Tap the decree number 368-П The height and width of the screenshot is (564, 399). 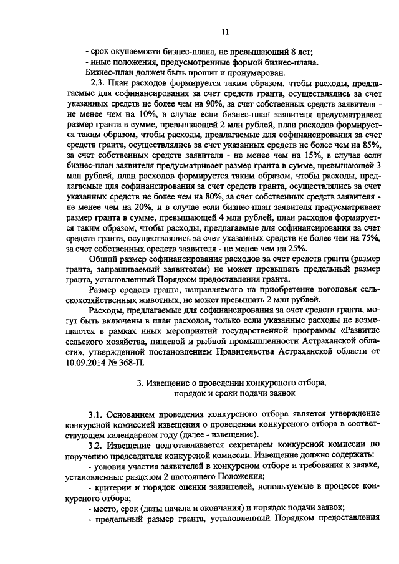click(142, 358)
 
